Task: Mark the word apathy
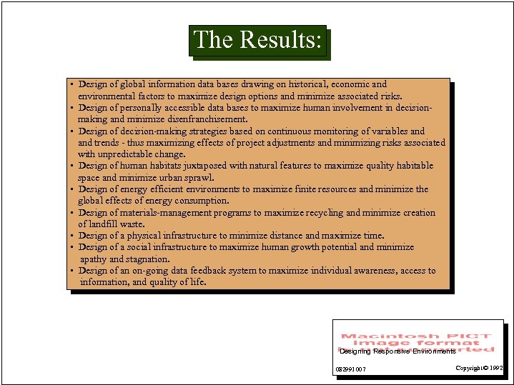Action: coord(93,259)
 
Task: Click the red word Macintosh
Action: coord(375,336)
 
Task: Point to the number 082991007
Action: coord(350,369)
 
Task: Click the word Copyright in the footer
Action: coord(468,368)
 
